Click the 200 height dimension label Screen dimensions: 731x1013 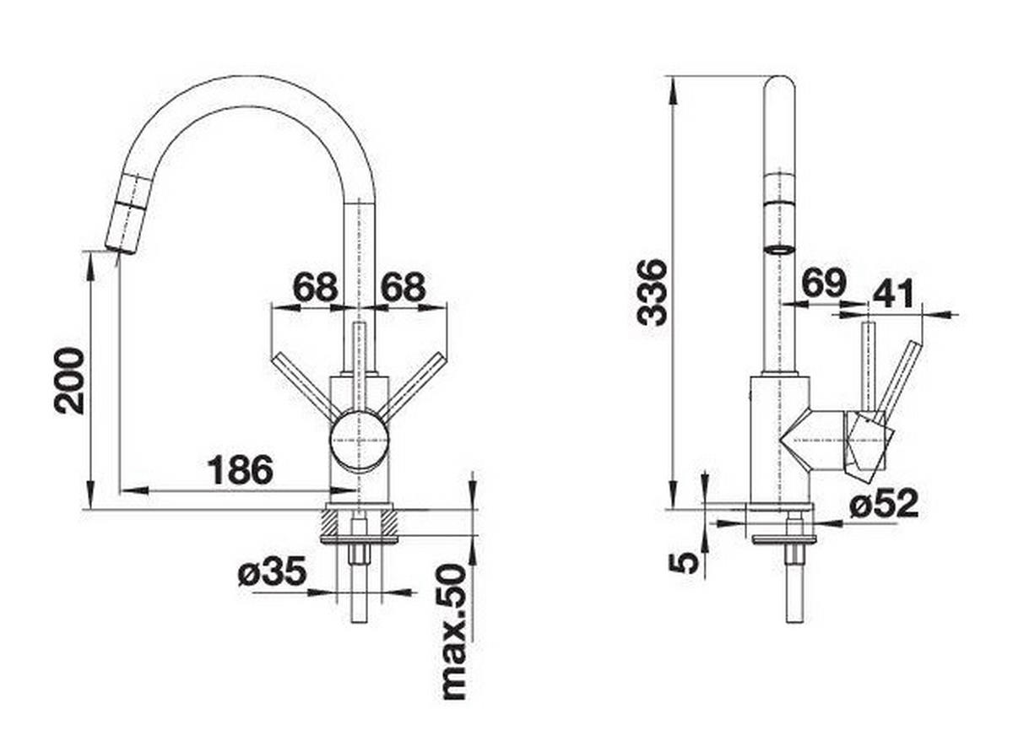70,381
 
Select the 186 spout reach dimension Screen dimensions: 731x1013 241,471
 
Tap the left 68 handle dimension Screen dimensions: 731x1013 315,288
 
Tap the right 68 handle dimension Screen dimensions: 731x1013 402,288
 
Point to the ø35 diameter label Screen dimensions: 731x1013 271,574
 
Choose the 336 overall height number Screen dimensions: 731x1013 653,292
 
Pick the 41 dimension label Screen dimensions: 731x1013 893,294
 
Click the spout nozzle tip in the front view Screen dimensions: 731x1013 120,246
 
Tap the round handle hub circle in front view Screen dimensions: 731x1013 360,440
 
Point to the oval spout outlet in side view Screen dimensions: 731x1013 778,249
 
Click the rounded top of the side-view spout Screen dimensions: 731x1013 778,84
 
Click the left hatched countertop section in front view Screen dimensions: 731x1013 330,524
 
